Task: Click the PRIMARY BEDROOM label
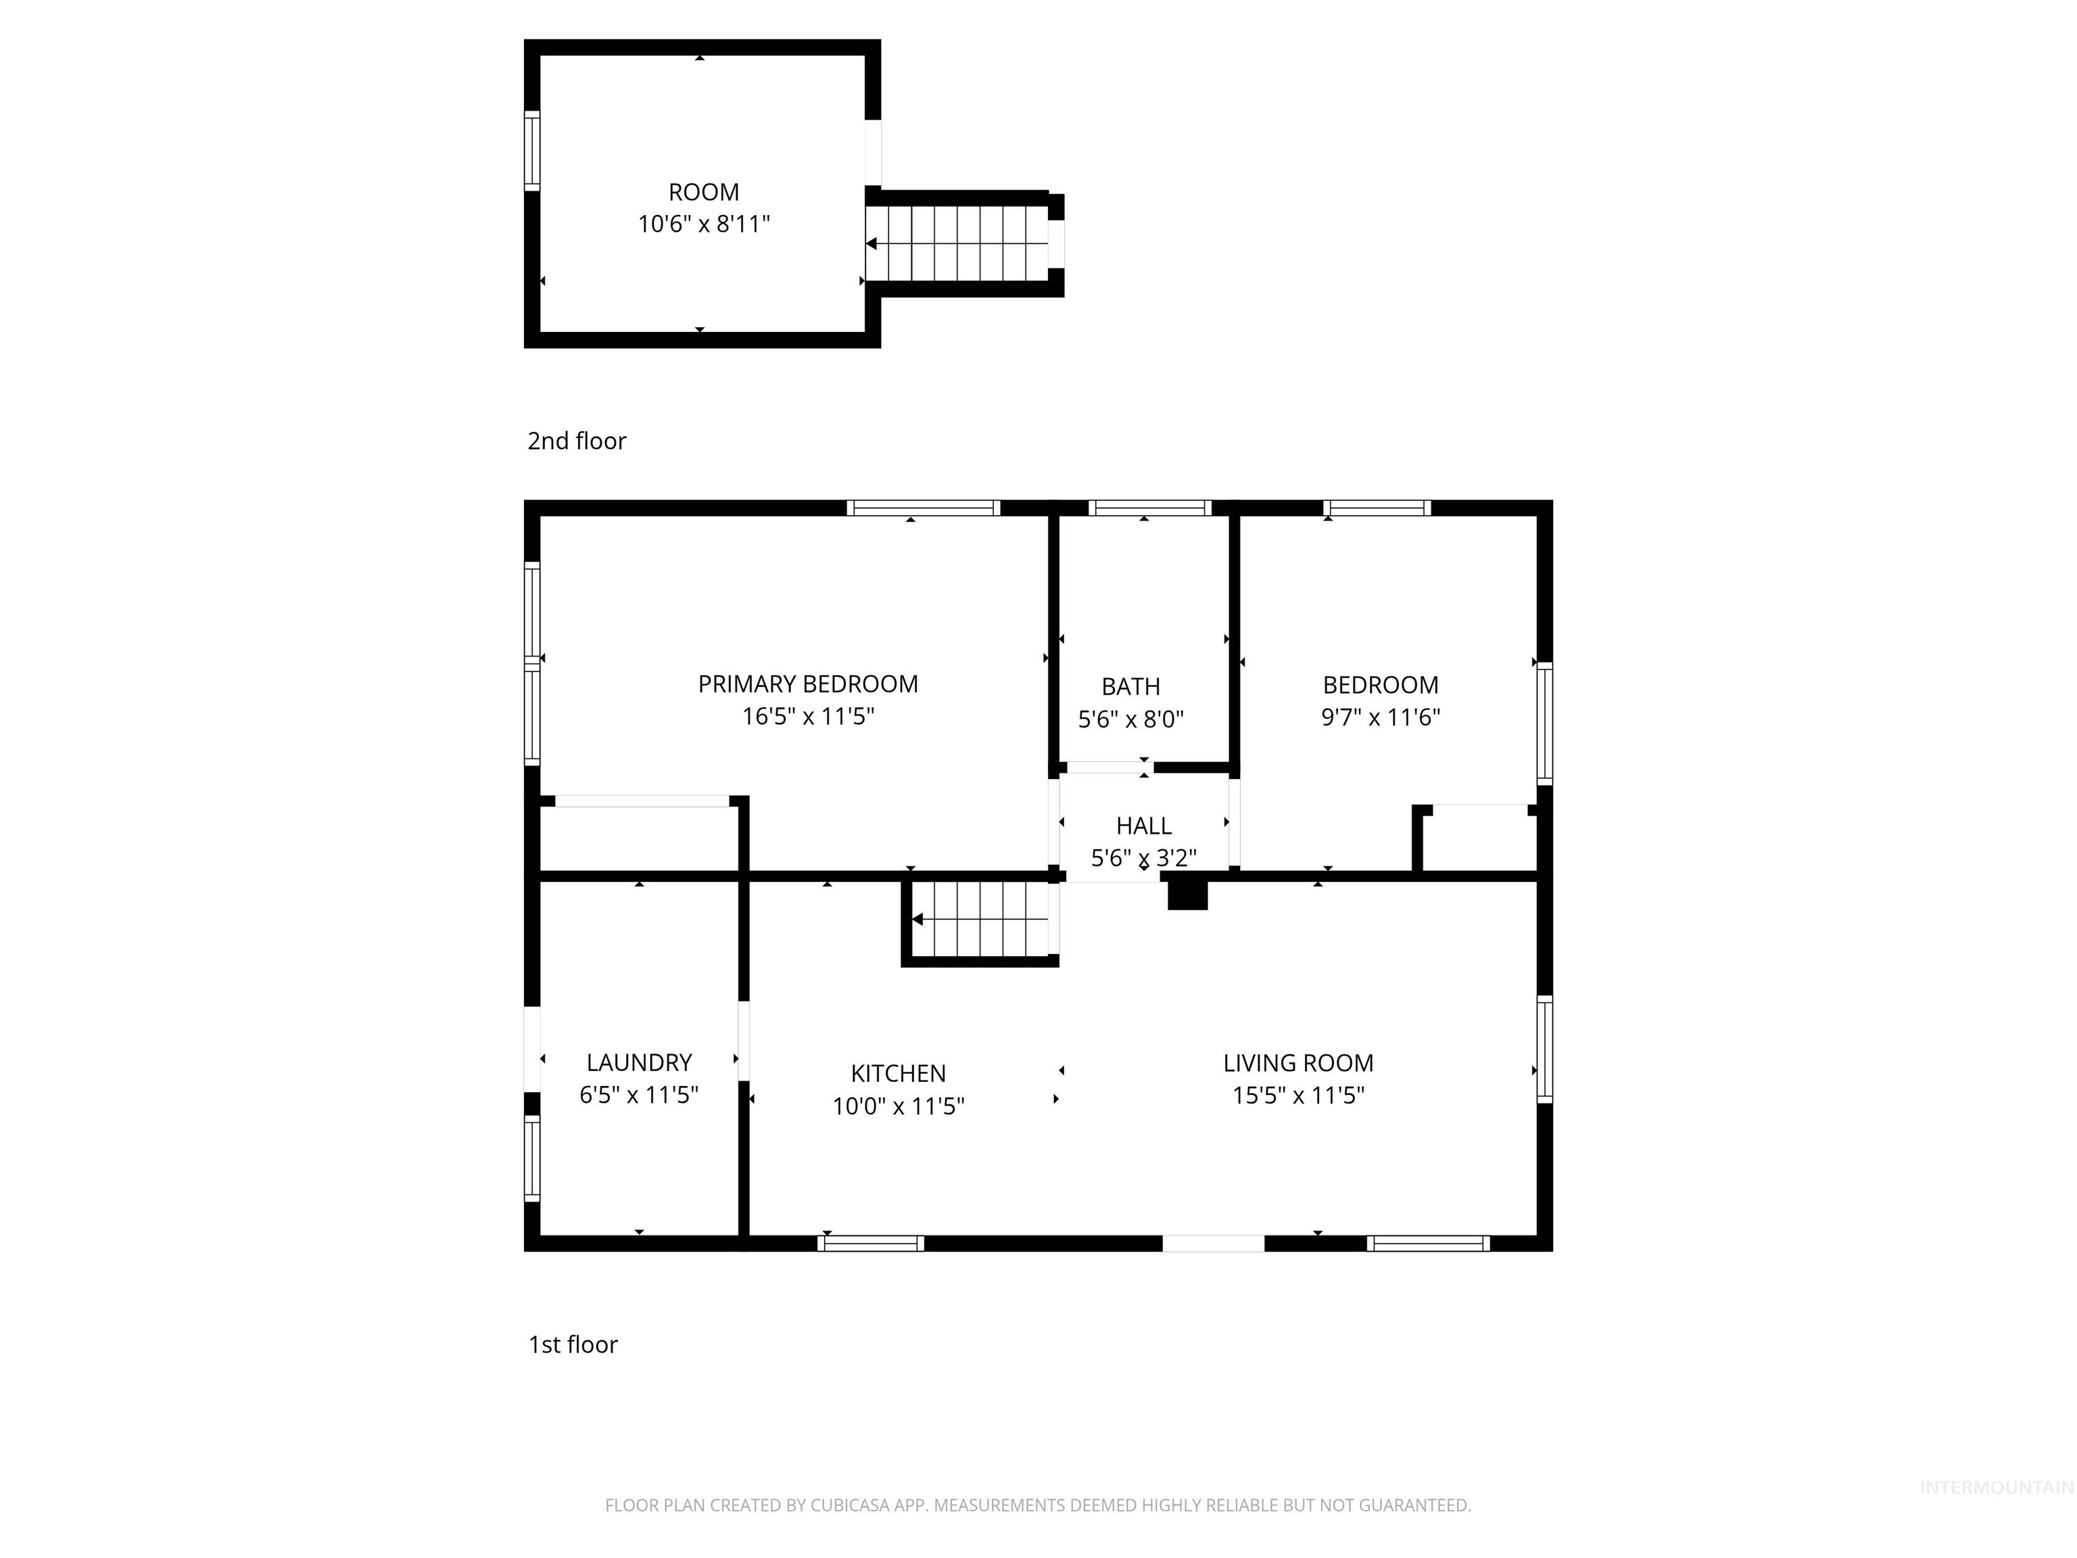(807, 684)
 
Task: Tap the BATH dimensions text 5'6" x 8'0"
(1130, 719)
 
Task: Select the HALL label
(1144, 826)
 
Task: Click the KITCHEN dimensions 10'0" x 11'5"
(898, 1106)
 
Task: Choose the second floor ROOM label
(703, 193)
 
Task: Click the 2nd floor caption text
(577, 440)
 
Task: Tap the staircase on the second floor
(958, 243)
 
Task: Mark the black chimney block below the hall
(1187, 893)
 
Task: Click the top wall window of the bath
(1149, 508)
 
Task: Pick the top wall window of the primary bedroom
(923, 508)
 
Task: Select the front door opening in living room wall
(1213, 1244)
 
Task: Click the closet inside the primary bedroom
(640, 838)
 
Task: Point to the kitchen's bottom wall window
(870, 1244)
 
